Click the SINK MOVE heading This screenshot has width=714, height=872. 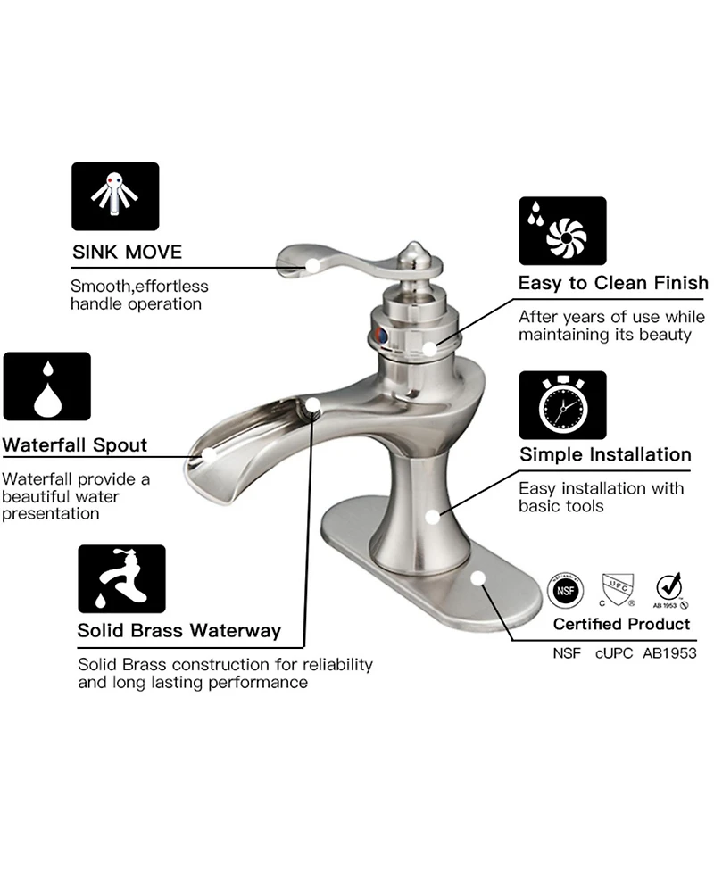(x=128, y=252)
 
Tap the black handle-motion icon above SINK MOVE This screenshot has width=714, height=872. (x=115, y=196)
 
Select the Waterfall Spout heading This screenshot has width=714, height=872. (x=74, y=444)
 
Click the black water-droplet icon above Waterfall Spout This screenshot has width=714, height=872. (x=46, y=386)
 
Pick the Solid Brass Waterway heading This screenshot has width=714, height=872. (x=179, y=631)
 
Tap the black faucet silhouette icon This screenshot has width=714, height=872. (x=121, y=579)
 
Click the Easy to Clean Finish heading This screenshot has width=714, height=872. (x=613, y=283)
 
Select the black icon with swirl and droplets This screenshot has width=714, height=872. (x=563, y=231)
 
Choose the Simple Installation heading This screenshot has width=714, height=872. (x=606, y=454)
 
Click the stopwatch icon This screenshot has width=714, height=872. (x=563, y=405)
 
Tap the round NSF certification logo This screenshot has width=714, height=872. (x=566, y=590)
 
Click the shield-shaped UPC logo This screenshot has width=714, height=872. (x=618, y=590)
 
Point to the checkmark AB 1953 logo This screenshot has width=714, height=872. (x=669, y=590)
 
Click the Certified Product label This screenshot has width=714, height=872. (x=622, y=624)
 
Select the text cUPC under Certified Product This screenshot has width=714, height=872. (x=614, y=653)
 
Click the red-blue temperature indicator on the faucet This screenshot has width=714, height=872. (x=381, y=336)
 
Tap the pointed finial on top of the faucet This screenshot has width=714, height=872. (x=413, y=253)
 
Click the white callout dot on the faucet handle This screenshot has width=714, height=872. (x=313, y=265)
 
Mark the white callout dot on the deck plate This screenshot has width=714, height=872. (x=477, y=578)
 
